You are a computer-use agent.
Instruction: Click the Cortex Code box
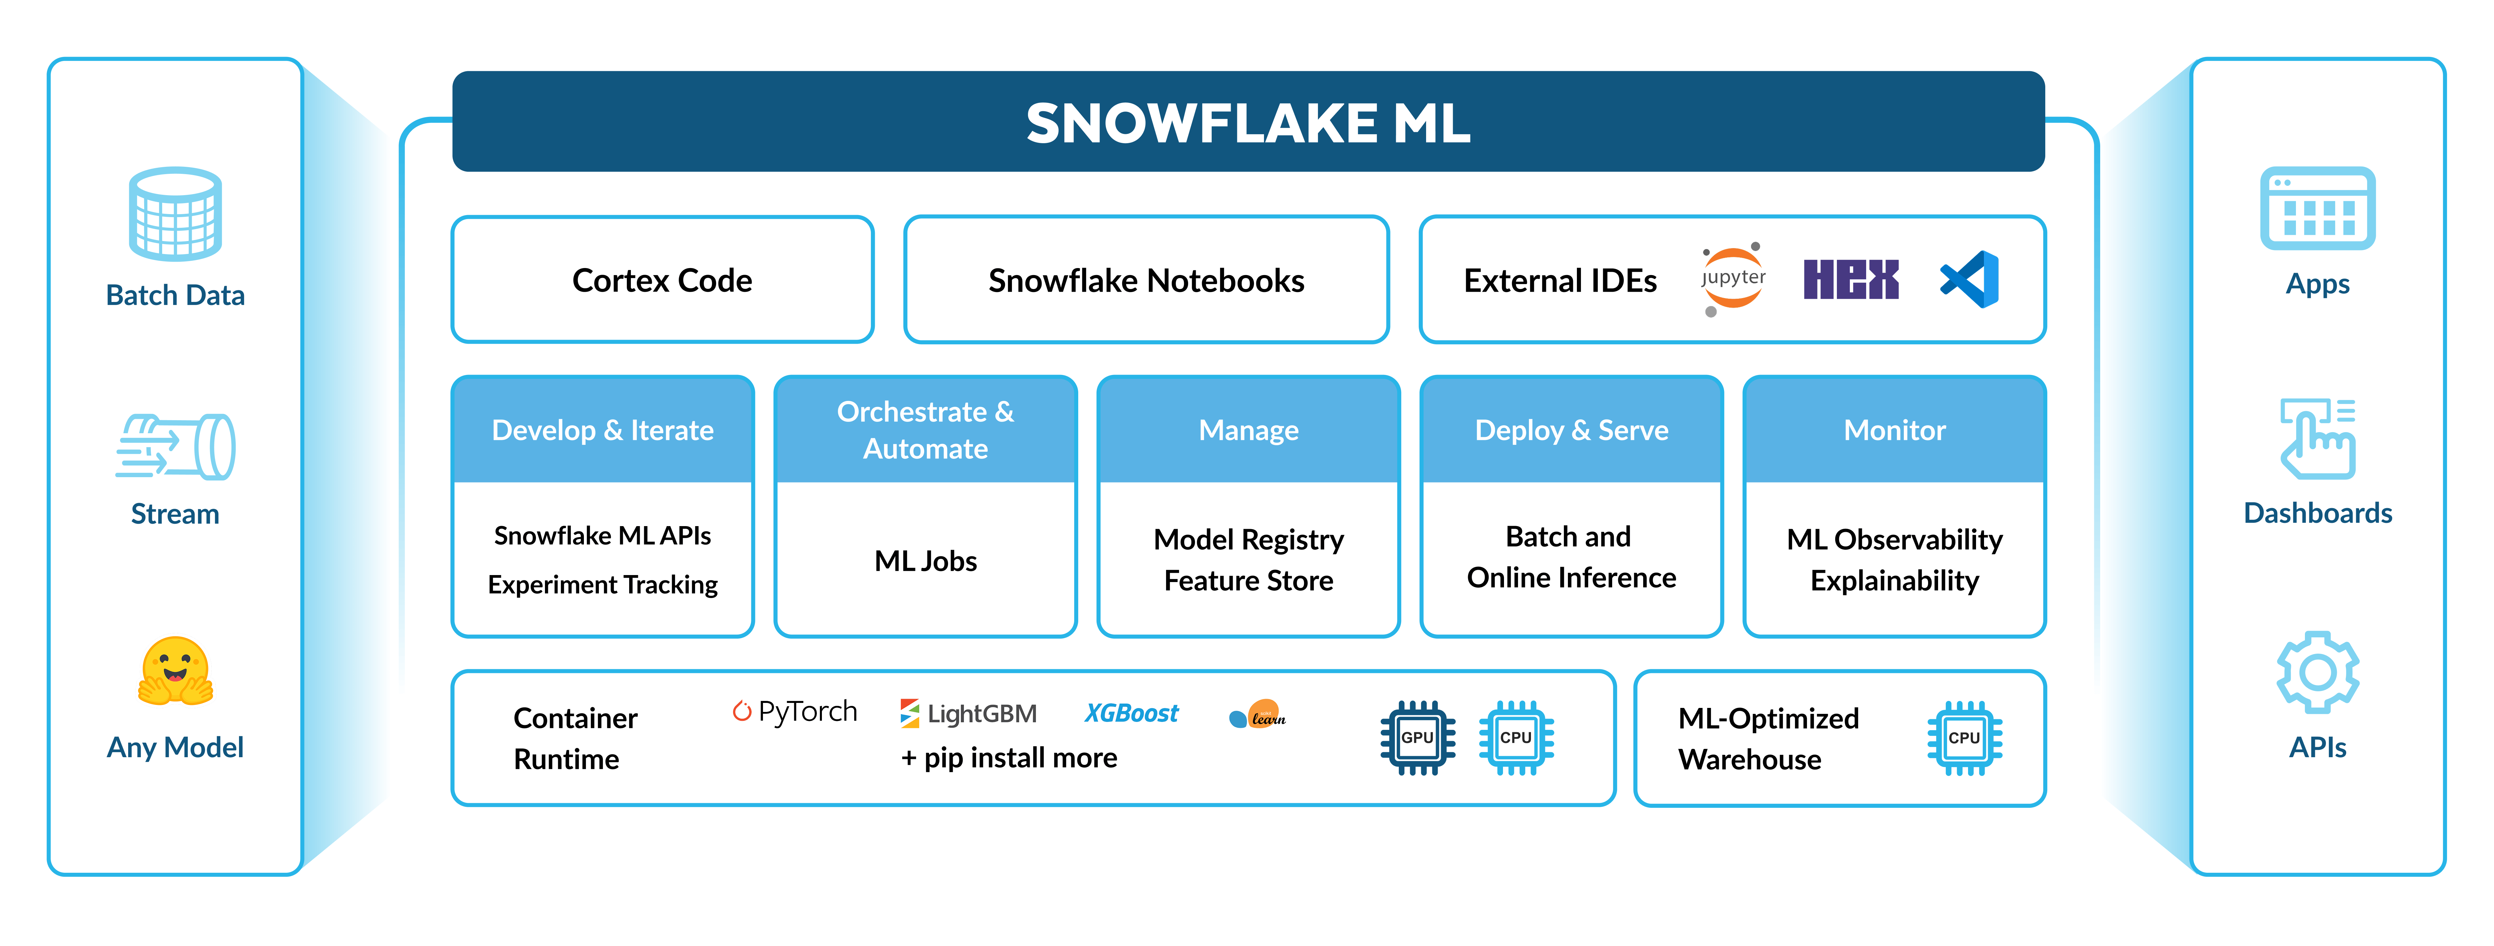(x=662, y=280)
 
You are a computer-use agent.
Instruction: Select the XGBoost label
(x=1131, y=714)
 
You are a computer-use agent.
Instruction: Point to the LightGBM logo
(x=968, y=714)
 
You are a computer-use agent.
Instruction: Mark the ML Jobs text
(x=925, y=561)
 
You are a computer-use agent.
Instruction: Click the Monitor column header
(x=1894, y=430)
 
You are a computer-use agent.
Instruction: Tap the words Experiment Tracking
(x=602, y=585)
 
